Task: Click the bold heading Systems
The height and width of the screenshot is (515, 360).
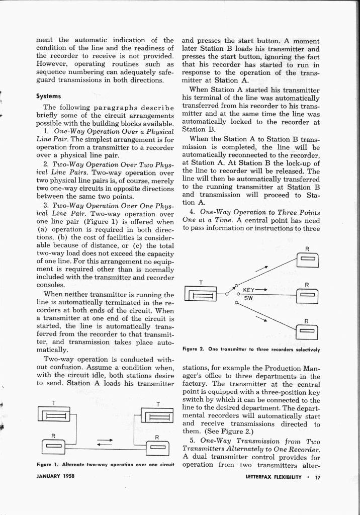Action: click(x=48, y=96)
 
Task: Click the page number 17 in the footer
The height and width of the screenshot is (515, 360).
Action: click(x=316, y=477)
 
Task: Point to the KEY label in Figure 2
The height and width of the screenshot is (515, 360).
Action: click(x=249, y=290)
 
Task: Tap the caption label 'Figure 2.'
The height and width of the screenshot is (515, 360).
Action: click(x=193, y=349)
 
